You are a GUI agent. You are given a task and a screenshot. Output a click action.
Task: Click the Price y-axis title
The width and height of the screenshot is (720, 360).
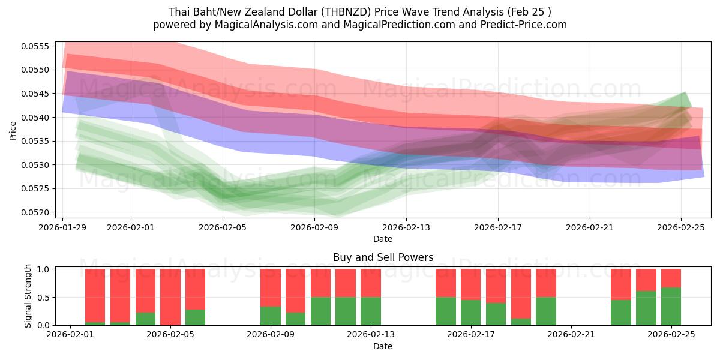point(13,130)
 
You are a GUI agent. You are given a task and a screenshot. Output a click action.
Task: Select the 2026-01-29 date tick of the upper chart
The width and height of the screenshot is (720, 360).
point(63,227)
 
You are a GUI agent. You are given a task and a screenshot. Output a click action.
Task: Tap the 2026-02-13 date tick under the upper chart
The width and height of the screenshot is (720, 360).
point(406,227)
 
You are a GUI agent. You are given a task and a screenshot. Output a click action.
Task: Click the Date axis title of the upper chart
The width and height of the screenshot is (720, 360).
point(383,239)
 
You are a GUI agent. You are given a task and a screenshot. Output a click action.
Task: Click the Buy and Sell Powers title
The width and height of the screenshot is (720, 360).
point(383,257)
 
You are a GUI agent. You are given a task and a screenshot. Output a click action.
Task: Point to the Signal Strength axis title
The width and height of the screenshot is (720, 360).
point(28,297)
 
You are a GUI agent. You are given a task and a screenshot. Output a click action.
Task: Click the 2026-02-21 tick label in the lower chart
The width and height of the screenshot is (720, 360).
point(571,335)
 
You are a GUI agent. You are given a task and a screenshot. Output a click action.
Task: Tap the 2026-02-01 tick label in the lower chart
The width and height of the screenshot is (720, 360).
point(71,335)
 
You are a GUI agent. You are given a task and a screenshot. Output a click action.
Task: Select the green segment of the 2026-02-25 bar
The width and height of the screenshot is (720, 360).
point(671,307)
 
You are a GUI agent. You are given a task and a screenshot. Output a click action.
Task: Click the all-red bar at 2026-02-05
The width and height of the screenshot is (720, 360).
point(170,297)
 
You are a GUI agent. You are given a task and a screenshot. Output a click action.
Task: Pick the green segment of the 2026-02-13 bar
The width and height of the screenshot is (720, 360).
point(371,311)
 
